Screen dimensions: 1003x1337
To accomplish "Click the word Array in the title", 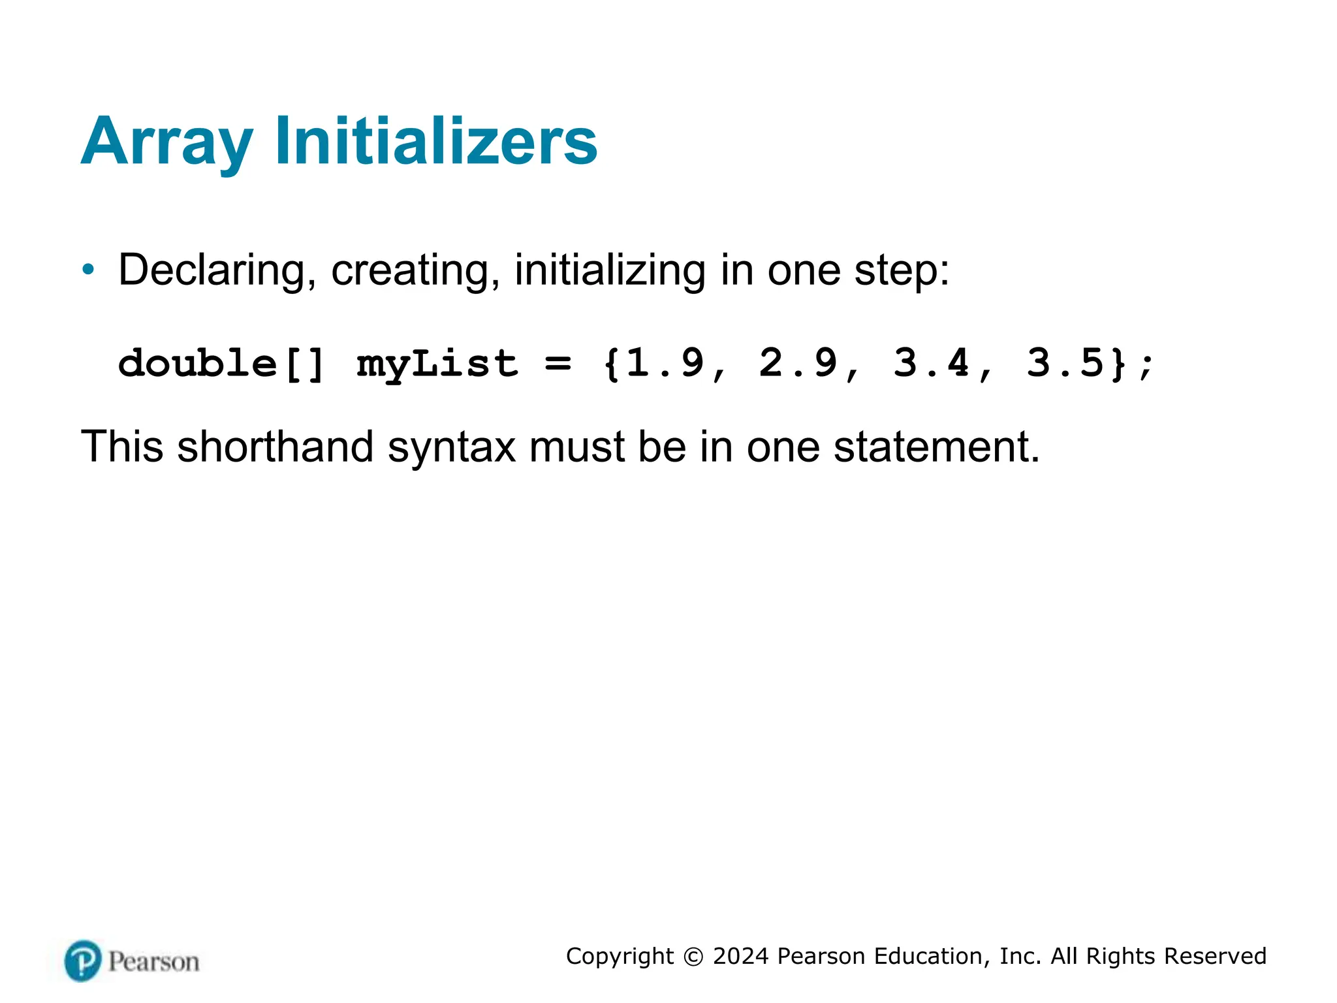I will pos(167,142).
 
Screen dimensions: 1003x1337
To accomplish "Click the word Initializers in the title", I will pos(436,141).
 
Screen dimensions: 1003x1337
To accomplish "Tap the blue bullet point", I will pos(89,269).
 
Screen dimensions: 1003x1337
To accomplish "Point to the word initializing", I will pos(610,270).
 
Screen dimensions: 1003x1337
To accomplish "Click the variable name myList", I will pos(437,364).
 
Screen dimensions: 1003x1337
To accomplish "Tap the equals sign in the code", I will pos(558,362).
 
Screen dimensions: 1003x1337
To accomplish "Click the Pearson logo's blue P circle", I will pos(83,961).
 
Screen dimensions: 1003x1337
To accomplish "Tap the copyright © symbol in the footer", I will pos(693,957).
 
